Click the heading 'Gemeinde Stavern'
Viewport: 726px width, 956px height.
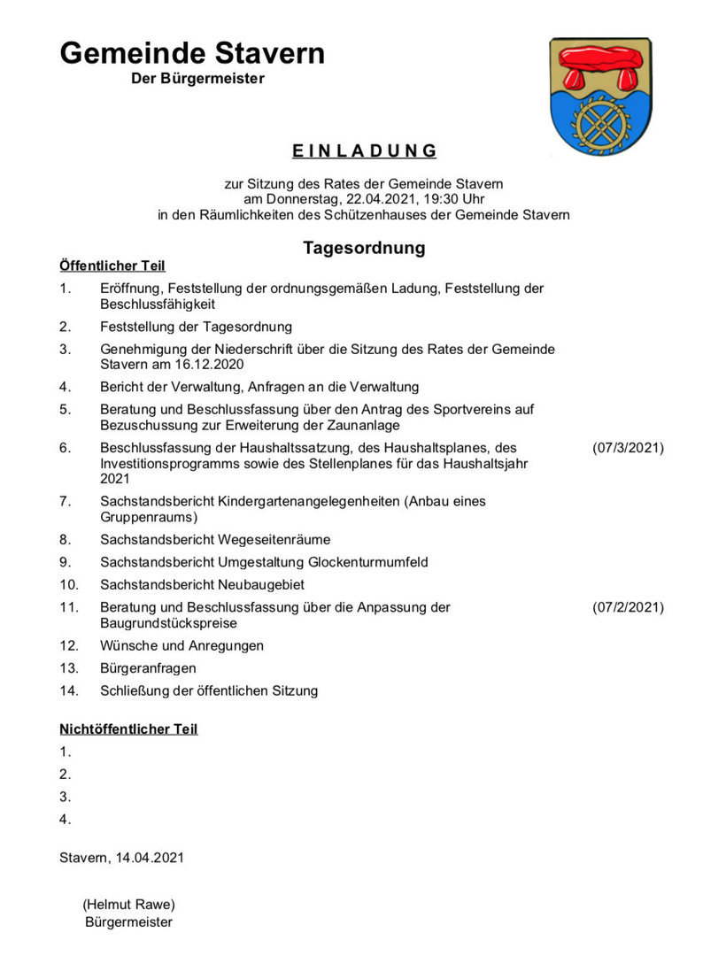coord(192,54)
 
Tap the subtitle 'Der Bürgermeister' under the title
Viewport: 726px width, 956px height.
coord(197,79)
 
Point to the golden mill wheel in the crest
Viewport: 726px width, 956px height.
coord(601,120)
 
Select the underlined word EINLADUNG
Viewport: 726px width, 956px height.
coord(364,150)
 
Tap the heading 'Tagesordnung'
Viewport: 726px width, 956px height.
coord(364,248)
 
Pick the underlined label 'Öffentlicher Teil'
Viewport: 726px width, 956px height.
coord(112,266)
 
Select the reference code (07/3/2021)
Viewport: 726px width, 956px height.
coord(628,448)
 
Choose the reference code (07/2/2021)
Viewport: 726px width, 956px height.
coord(628,607)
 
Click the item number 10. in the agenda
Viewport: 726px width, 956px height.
coord(69,584)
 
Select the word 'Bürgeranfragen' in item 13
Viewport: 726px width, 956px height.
coord(149,668)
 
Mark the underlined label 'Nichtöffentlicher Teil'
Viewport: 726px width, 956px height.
coord(128,729)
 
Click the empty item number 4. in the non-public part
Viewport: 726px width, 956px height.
coord(66,820)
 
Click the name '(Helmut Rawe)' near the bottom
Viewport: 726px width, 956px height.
coord(129,905)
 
